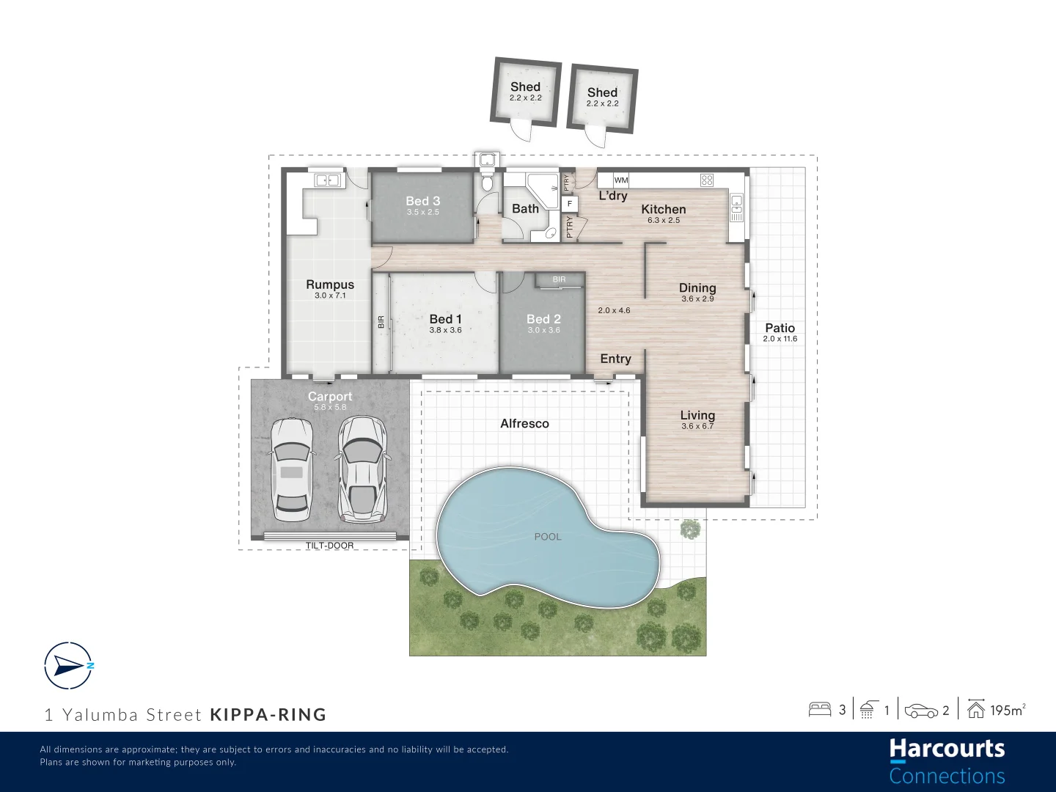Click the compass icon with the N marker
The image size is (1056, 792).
[68, 666]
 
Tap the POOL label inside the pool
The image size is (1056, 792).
[547, 537]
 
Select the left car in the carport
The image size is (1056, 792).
[291, 469]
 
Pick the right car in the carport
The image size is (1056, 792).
[362, 469]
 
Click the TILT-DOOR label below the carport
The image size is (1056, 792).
[329, 546]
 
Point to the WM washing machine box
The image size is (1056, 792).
[621, 180]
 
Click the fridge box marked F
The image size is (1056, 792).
[570, 204]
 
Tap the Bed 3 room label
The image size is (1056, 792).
[423, 201]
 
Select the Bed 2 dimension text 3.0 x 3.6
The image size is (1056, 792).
[543, 331]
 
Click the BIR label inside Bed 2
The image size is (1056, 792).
[559, 279]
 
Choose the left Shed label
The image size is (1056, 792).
[525, 87]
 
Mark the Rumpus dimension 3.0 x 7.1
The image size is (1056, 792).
[330, 296]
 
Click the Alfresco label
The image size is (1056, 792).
[524, 424]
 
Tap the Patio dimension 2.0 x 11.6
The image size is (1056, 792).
[780, 339]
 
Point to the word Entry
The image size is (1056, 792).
[615, 359]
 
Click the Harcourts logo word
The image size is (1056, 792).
[947, 749]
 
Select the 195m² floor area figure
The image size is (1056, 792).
[1007, 710]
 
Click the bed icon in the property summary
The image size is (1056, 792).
[819, 709]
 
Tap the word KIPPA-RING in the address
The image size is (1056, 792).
[268, 715]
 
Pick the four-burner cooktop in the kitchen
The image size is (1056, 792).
[707, 180]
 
